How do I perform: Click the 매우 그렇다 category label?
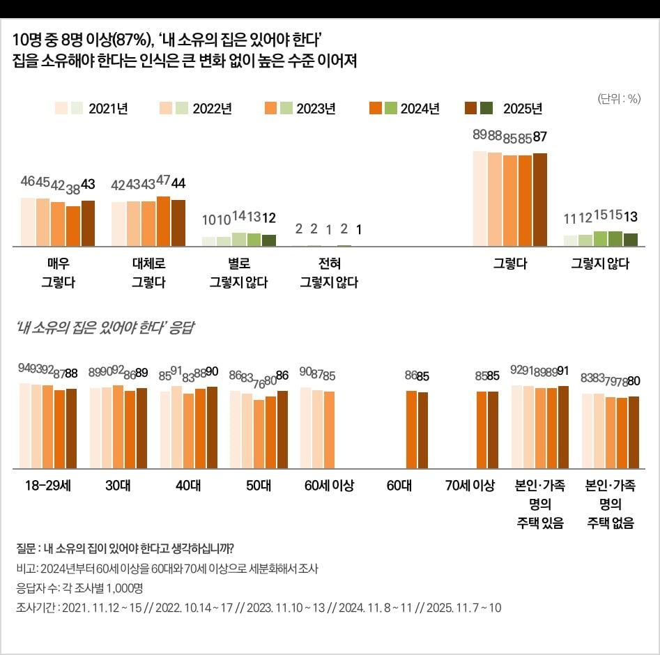tap(58, 273)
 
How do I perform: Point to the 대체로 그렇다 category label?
tap(148, 273)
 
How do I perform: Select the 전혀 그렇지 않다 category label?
tap(328, 273)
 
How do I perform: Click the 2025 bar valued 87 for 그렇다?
tap(539, 199)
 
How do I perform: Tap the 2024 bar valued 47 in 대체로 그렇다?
tap(163, 221)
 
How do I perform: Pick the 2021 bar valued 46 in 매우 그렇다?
tap(28, 222)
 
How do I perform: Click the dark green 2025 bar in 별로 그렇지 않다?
tap(269, 240)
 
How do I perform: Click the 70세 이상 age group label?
tap(470, 486)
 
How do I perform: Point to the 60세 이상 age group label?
tap(329, 486)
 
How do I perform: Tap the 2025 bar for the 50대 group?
tap(282, 429)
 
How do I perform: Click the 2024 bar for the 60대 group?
tap(411, 429)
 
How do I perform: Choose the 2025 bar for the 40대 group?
tap(212, 426)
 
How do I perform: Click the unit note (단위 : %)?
tap(618, 98)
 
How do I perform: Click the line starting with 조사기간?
tap(258, 608)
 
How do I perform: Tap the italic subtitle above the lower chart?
tap(105, 327)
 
